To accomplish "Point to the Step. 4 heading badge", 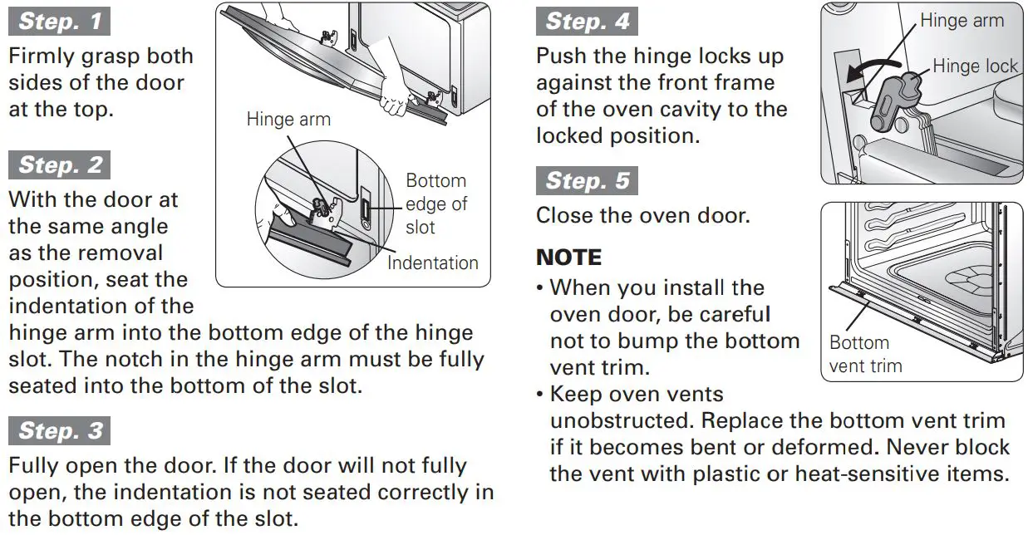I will (x=587, y=21).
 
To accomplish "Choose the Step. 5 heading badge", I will (x=587, y=180).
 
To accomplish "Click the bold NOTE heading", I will (x=569, y=257).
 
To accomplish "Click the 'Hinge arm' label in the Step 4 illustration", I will (x=962, y=20).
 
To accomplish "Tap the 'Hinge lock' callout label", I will (x=974, y=66).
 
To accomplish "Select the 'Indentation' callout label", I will (x=432, y=263).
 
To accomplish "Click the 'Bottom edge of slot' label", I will (x=435, y=204).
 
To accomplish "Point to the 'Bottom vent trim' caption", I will (x=864, y=354).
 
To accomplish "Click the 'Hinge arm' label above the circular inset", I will (x=288, y=120).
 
